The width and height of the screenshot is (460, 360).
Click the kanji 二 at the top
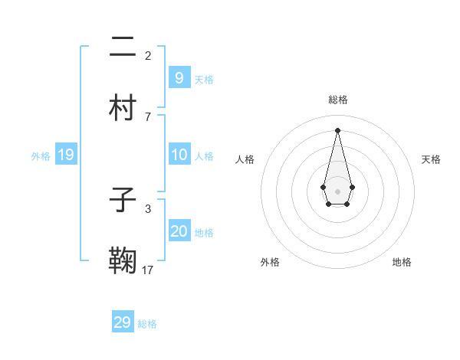pos(123,47)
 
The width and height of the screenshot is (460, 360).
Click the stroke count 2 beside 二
pos(148,55)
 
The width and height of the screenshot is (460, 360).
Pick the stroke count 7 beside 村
pos(148,116)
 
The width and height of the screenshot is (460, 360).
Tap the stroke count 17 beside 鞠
pos(148,269)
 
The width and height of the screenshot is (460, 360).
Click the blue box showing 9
pos(179,78)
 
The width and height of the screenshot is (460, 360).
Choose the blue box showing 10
pos(179,155)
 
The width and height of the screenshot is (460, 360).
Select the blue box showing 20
pos(179,231)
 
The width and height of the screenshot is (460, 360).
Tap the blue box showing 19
pos(66,155)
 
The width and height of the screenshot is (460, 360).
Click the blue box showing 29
pos(123,322)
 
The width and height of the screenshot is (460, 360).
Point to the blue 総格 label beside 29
pos(147,324)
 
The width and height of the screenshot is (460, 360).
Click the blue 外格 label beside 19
pos(41,156)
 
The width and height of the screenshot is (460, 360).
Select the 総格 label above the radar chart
pos(337,100)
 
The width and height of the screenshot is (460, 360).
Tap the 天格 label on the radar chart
pos(432,159)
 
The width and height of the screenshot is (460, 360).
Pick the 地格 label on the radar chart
pos(402,262)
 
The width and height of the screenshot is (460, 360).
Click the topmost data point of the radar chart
pos(337,130)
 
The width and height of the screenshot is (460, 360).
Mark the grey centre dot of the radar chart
pos(337,190)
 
